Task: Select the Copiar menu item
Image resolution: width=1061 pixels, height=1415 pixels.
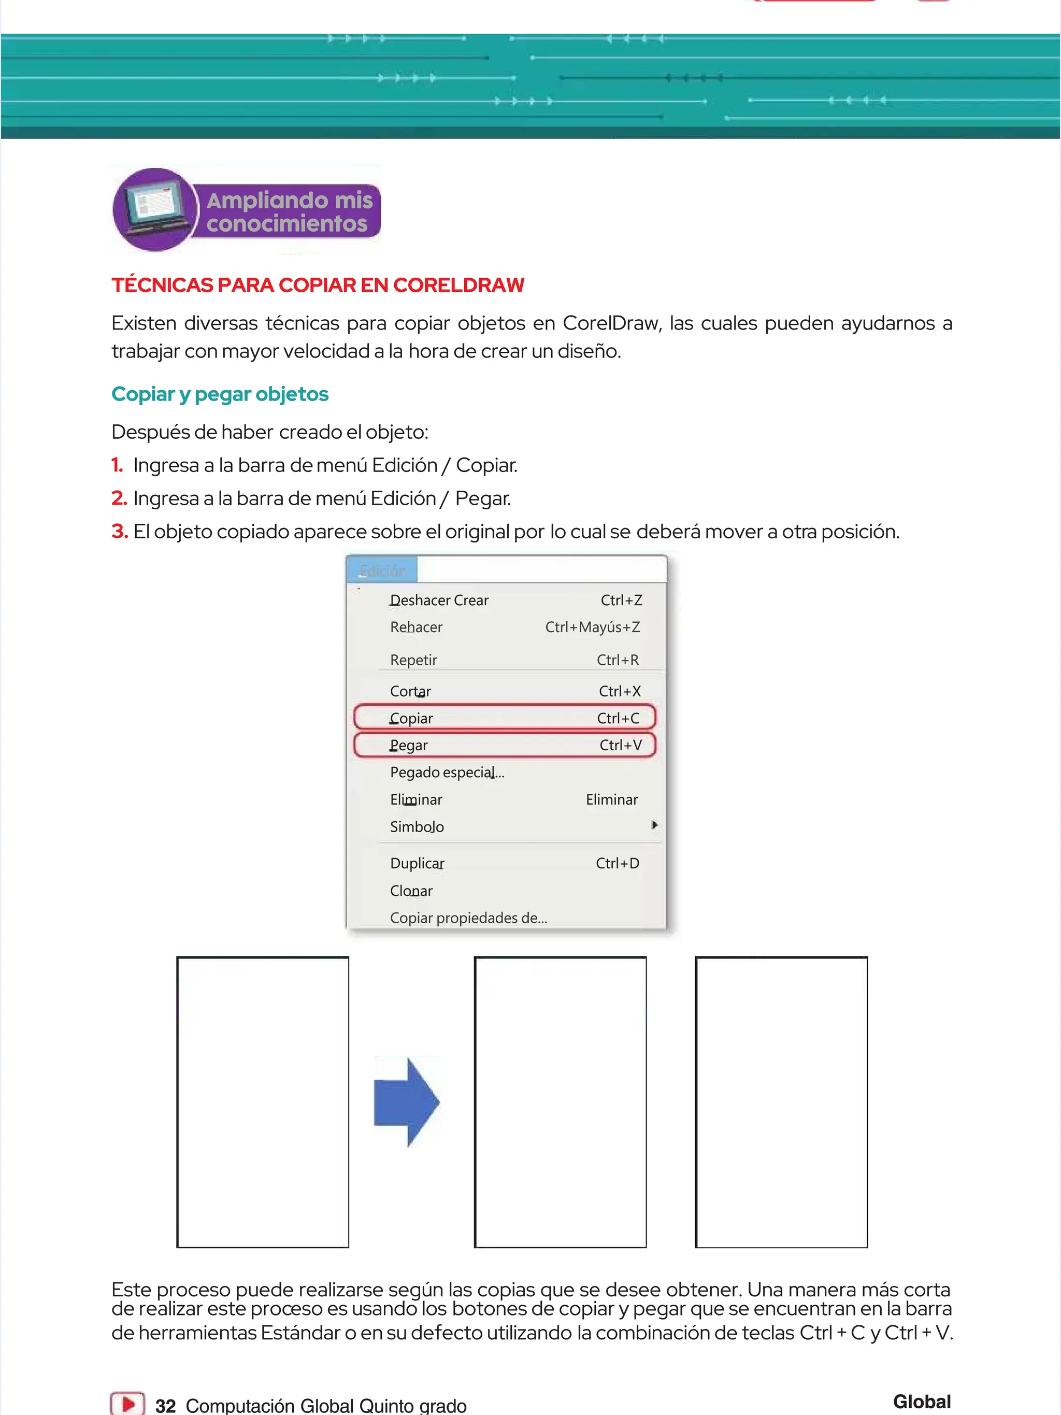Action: click(x=411, y=718)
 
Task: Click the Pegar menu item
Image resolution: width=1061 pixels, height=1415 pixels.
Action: click(x=409, y=745)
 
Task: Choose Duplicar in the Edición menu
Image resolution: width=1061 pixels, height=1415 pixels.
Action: click(x=417, y=863)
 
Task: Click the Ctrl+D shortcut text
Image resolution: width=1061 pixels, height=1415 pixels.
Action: click(x=617, y=863)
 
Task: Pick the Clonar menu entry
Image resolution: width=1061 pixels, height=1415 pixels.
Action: click(x=411, y=891)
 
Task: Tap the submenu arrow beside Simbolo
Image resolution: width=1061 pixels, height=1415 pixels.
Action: click(x=654, y=825)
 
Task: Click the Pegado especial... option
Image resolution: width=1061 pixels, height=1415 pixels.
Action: click(x=447, y=772)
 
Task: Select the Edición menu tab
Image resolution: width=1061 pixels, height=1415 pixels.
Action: click(x=382, y=570)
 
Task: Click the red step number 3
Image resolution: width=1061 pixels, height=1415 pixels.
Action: click(x=120, y=531)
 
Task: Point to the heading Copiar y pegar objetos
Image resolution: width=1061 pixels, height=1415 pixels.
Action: click(x=220, y=394)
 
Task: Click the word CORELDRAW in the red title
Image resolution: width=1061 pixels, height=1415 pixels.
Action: click(x=458, y=284)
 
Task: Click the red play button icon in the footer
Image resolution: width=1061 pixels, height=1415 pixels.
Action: click(x=127, y=1404)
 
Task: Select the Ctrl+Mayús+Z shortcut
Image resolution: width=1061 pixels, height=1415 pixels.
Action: click(x=592, y=627)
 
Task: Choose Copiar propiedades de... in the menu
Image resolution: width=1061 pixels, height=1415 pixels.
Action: click(x=468, y=918)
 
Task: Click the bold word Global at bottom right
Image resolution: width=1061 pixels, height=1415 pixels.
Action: click(x=922, y=1401)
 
